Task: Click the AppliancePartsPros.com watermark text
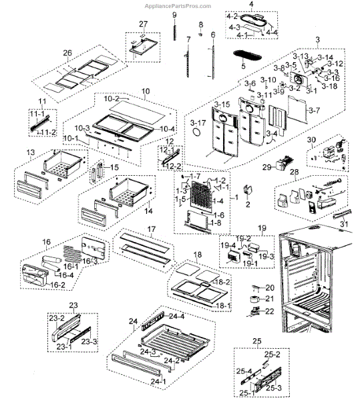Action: (x=180, y=4)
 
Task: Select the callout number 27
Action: (x=143, y=25)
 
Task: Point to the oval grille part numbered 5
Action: (x=248, y=53)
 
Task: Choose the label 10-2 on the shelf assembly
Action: (x=112, y=98)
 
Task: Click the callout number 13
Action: (x=31, y=153)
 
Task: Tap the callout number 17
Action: (x=151, y=229)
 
